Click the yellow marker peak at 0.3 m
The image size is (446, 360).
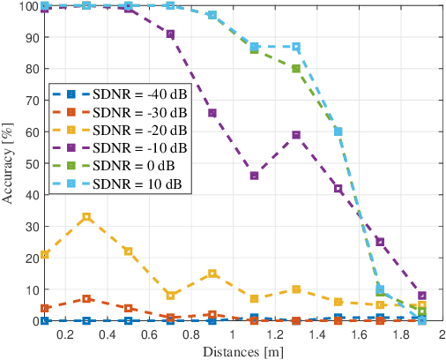pos(86,217)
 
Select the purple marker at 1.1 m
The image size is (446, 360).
pos(254,176)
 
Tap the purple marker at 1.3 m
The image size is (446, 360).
pos(296,135)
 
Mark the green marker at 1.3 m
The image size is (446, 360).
pos(296,69)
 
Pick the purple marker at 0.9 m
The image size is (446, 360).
pos(212,113)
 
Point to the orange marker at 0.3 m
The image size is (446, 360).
pos(86,299)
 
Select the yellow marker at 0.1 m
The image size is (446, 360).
pos(45,255)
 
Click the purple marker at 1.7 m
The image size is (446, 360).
pos(380,242)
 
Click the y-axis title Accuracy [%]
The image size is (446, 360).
pos(9,164)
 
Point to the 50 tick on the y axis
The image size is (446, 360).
pos(29,163)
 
